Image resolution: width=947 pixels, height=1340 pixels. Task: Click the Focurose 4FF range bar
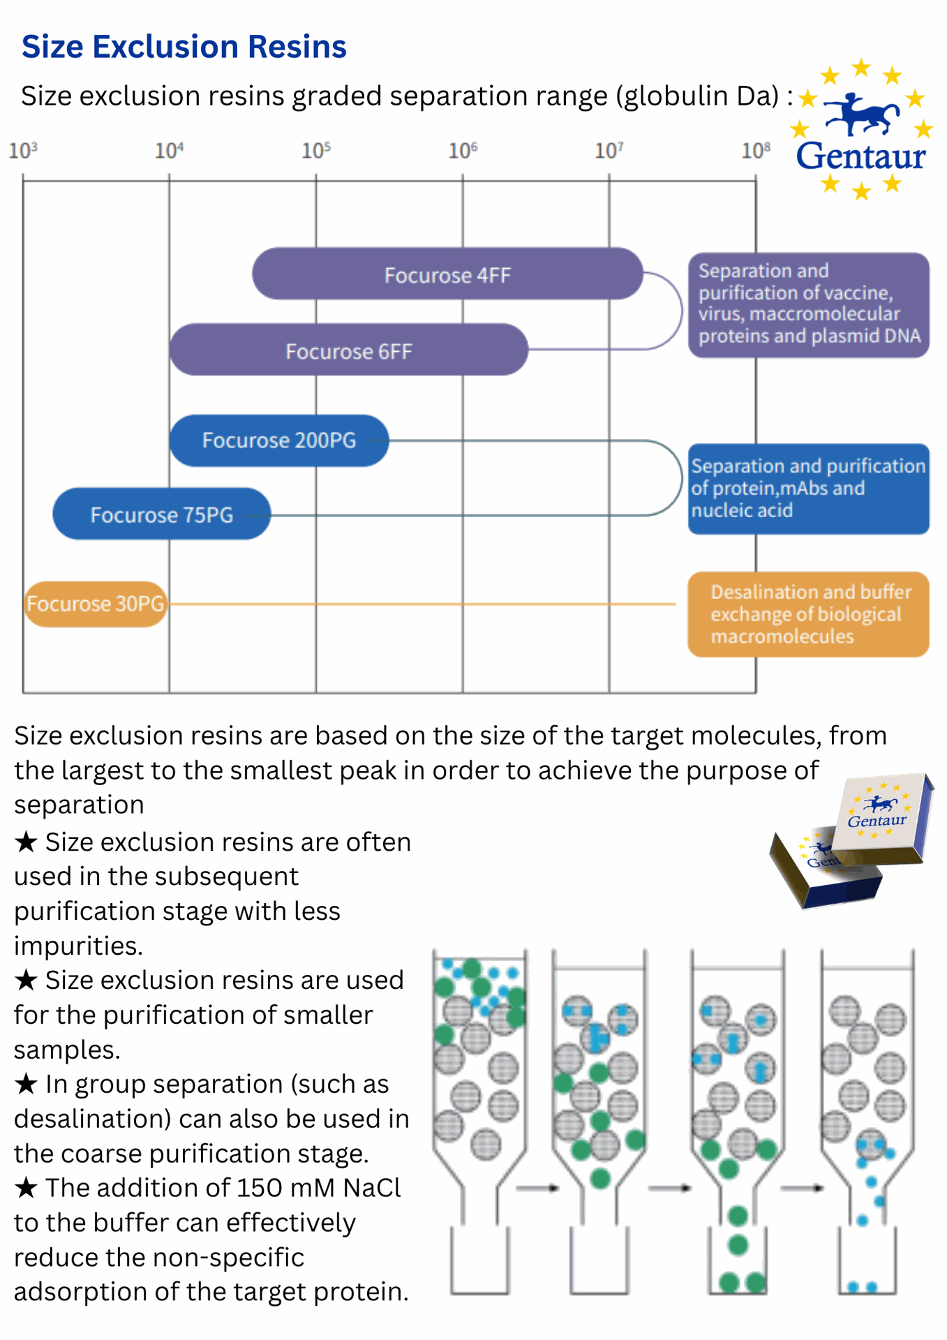pos(447,274)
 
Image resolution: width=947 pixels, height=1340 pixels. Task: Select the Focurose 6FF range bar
pos(348,350)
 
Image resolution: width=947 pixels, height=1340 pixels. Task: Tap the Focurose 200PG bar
pos(278,440)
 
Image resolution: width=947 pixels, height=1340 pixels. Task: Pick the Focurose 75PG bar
pos(161,514)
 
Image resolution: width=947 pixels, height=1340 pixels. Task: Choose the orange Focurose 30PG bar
pos(96,604)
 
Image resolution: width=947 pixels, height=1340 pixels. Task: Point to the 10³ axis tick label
pos(22,150)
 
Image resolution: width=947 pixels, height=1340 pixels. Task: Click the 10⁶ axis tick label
pos(463,150)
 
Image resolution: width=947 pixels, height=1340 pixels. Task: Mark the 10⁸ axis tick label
pos(756,150)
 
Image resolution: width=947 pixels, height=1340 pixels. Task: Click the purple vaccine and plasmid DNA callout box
pos(808,305)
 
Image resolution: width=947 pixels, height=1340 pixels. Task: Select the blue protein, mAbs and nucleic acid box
pos(808,489)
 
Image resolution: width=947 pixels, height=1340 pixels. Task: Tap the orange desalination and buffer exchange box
pos(808,614)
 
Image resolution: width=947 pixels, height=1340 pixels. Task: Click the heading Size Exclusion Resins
pos(184,47)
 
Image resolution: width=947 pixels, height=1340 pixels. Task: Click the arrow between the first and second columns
pos(538,1187)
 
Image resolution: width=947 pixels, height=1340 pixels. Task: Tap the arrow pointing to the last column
pos(802,1187)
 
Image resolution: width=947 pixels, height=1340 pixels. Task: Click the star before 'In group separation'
pos(27,1085)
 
